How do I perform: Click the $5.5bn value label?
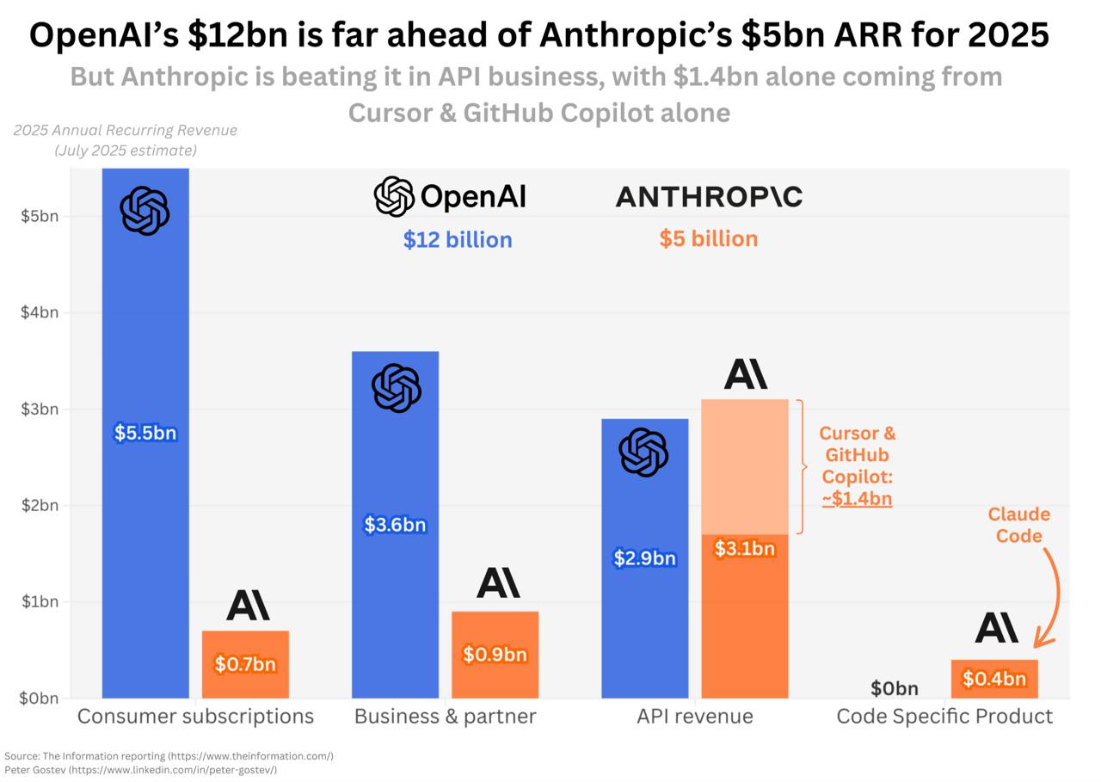[x=145, y=433]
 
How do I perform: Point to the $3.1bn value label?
[x=745, y=548]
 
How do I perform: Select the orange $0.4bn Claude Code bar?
[x=994, y=679]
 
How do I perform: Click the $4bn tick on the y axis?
[x=40, y=312]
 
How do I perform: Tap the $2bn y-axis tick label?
[x=40, y=505]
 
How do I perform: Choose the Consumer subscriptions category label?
[x=195, y=717]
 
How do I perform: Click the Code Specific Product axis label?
[x=944, y=717]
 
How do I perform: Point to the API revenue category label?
[x=694, y=717]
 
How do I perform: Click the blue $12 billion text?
[x=458, y=240]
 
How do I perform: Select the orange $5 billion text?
[x=709, y=239]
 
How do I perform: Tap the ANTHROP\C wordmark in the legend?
[x=709, y=197]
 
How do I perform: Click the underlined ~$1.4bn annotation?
[x=857, y=499]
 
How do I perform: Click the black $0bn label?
[x=894, y=688]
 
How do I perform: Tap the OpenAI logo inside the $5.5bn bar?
[x=145, y=211]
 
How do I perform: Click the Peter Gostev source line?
[x=140, y=770]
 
